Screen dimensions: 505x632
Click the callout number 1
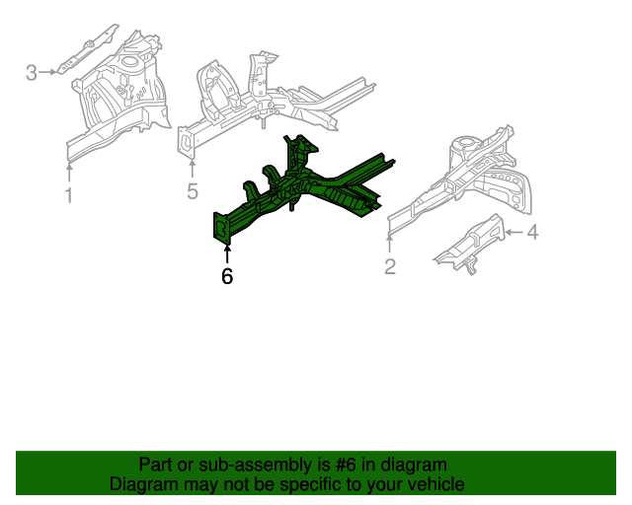click(x=68, y=195)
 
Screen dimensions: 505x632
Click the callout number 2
click(x=390, y=266)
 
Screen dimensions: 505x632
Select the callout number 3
click(x=32, y=72)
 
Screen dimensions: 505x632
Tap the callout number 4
click(x=532, y=233)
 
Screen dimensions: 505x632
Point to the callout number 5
click(x=193, y=191)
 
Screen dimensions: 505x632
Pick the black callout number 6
click(x=227, y=277)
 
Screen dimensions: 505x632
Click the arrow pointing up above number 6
click(x=227, y=252)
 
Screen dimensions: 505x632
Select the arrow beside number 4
click(x=513, y=233)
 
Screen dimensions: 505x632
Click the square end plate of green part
click(x=222, y=227)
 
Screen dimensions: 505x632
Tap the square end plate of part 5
click(x=185, y=140)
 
